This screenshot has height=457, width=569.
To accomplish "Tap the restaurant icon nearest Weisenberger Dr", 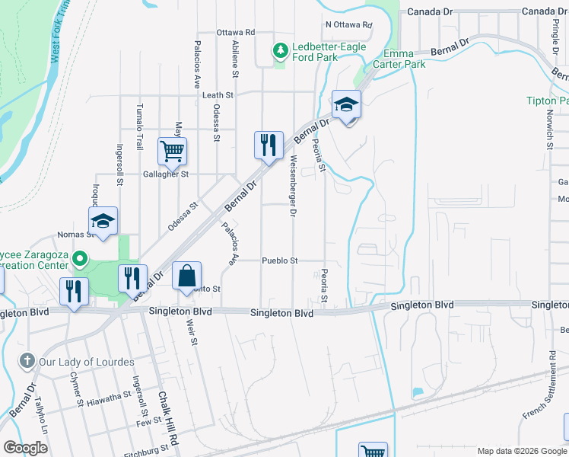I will [268, 144].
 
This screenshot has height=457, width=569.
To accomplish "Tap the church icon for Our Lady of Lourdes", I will [27, 361].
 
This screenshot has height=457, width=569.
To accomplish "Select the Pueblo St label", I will [280, 260].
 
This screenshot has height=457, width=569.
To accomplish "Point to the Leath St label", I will [218, 95].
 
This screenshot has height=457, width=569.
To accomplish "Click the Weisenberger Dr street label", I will [292, 187].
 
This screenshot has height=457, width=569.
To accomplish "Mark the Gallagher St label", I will [166, 174].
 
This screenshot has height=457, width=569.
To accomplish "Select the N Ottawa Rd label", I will [348, 24].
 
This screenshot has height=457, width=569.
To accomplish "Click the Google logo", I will [26, 448].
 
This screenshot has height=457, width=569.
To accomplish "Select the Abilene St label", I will [235, 59].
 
